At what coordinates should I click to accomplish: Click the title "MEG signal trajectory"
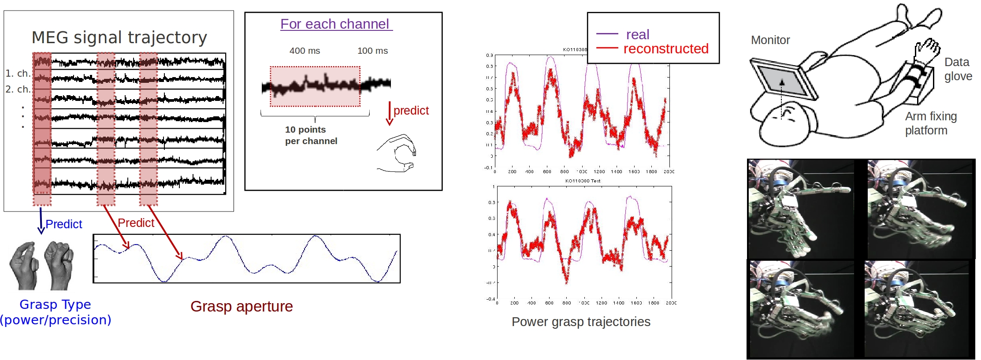coord(119,37)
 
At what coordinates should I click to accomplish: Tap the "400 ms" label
coord(305,51)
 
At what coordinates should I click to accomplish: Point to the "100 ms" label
coord(372,51)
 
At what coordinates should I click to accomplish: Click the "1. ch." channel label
coord(18,73)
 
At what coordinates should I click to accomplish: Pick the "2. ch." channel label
coord(18,89)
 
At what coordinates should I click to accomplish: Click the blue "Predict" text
coord(64,224)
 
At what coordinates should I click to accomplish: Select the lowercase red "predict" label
coord(411,110)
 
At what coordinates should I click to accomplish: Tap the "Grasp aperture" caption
coord(242,306)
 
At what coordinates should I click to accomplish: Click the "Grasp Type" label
coord(55,304)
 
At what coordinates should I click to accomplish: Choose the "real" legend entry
coord(638,34)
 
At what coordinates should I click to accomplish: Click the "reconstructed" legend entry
coord(666,48)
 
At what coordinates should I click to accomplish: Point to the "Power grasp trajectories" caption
coord(581,322)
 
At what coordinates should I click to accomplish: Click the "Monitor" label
coord(770,40)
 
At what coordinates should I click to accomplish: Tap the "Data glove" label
coord(958,69)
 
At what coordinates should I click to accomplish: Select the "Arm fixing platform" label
coord(931,123)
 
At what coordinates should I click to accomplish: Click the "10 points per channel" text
coord(311,135)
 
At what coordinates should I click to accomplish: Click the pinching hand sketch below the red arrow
coord(397,153)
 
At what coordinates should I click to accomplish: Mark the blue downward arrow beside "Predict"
coord(41,220)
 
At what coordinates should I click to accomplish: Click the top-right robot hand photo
coord(919,209)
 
